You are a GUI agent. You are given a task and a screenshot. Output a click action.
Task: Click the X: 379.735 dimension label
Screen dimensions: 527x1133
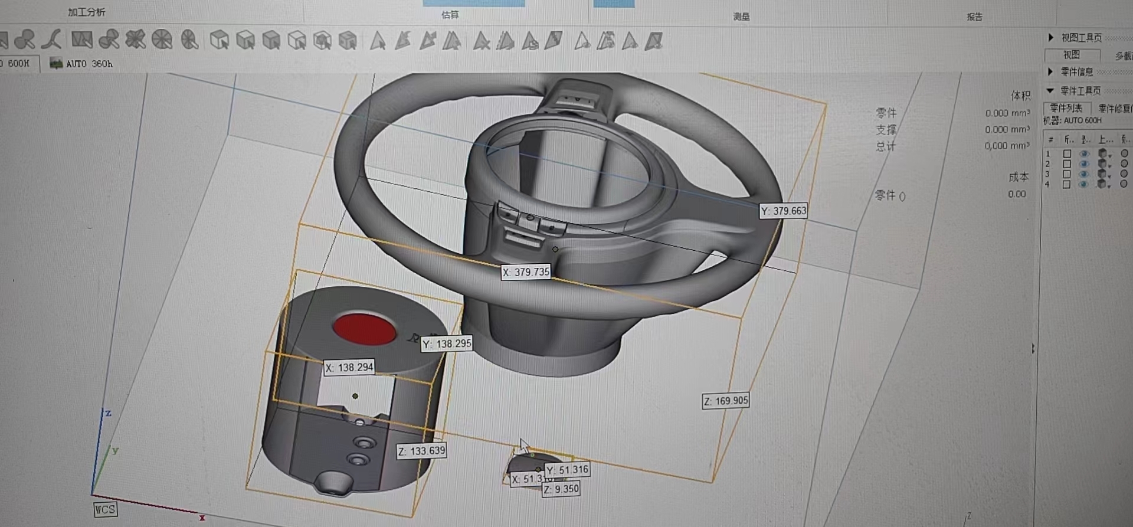tap(526, 272)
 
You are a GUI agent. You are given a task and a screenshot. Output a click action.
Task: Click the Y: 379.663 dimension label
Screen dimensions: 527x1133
tap(783, 211)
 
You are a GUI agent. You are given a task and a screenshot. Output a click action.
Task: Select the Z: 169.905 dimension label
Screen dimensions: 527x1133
tap(725, 401)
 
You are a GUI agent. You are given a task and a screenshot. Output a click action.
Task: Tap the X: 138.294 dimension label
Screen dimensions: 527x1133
tap(349, 367)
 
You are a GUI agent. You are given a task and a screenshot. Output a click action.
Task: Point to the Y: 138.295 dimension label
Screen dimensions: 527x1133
tap(447, 343)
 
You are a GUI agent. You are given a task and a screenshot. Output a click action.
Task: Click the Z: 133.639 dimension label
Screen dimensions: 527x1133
tap(421, 451)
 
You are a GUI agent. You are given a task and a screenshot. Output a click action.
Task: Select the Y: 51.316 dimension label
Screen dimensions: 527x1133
tap(567, 470)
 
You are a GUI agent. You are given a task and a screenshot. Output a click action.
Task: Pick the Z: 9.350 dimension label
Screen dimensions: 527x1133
tap(561, 489)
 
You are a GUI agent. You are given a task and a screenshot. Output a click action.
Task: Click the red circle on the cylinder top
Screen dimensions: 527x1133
tap(364, 329)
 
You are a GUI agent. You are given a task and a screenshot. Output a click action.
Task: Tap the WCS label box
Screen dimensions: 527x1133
tap(105, 509)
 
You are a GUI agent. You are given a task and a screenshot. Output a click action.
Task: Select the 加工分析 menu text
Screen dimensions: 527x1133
tap(86, 12)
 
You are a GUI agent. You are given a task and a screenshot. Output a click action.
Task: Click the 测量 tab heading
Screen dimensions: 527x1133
tap(741, 17)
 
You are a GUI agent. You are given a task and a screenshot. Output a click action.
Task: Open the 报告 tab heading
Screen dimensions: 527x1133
tap(974, 17)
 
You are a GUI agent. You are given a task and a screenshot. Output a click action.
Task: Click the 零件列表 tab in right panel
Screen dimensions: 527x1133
tap(1066, 108)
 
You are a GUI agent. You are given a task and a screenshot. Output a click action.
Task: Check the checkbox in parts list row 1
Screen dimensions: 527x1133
tap(1067, 153)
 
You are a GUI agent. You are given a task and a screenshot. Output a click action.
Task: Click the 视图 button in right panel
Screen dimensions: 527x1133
tap(1072, 55)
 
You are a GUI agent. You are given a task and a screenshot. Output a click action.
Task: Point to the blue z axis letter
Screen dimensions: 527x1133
tap(108, 413)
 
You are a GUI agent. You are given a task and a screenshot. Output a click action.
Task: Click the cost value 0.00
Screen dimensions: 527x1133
tap(1016, 194)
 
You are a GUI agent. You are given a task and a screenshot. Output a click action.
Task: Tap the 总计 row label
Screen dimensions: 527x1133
tap(885, 146)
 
